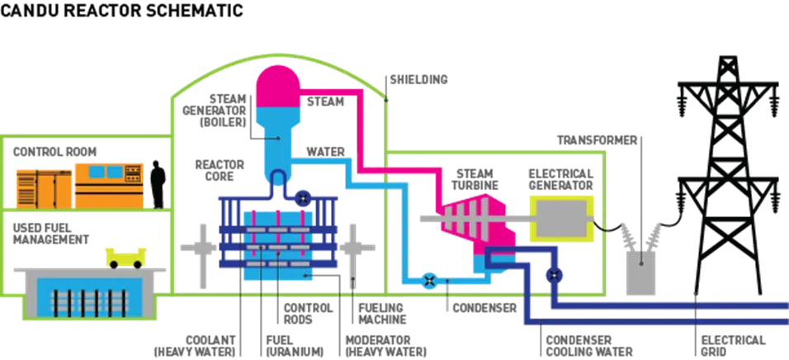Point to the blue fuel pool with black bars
(86, 296)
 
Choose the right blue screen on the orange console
(130, 172)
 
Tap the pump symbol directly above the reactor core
(303, 199)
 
